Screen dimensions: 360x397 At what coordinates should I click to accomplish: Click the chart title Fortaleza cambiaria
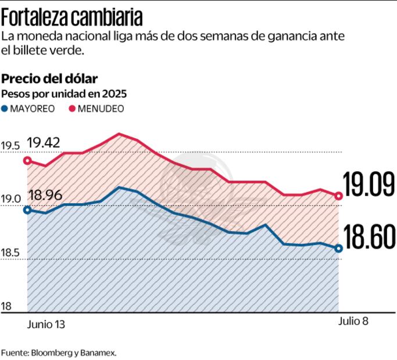click(x=72, y=17)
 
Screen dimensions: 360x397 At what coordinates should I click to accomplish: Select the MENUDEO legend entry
click(x=96, y=108)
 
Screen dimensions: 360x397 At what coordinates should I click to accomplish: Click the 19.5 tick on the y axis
click(x=10, y=146)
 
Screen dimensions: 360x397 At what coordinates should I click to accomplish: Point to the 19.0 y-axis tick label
click(x=10, y=199)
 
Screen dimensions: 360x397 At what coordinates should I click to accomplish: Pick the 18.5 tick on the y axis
click(x=10, y=253)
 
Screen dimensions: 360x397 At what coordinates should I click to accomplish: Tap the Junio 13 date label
click(x=46, y=325)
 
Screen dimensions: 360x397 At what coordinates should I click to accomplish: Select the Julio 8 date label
click(x=353, y=321)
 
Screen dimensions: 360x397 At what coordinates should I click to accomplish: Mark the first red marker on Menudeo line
click(x=27, y=161)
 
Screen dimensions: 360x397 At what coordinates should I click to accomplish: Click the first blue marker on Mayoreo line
click(x=27, y=210)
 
